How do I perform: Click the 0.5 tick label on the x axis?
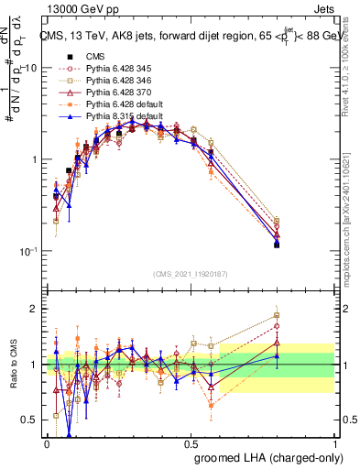pos(191,442)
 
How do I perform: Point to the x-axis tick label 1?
pos(335,442)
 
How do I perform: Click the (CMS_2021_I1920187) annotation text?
pos(191,273)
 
